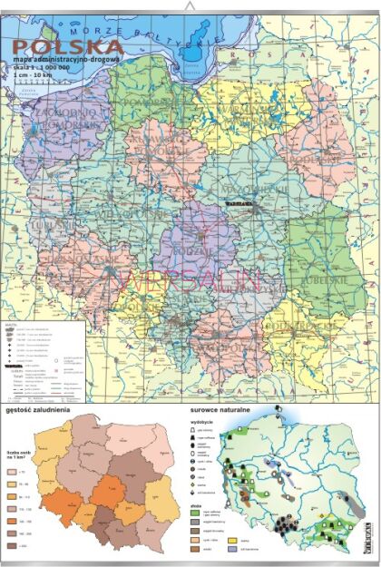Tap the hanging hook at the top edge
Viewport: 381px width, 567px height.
click(x=190, y=6)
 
